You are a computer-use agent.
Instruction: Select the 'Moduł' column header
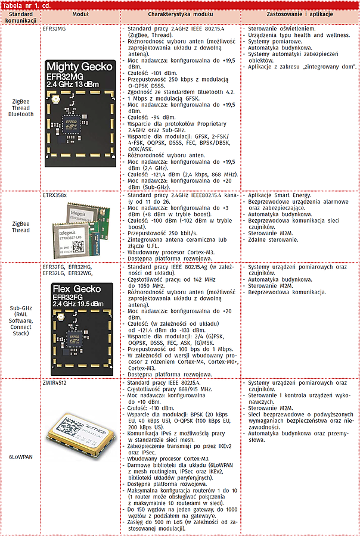click(80, 13)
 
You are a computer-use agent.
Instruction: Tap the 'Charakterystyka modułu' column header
click(181, 13)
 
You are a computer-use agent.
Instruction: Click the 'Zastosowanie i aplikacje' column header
click(299, 13)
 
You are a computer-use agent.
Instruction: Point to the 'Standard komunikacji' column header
click(21, 16)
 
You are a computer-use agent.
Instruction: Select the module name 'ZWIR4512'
click(55, 382)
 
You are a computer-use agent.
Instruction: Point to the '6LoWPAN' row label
click(21, 456)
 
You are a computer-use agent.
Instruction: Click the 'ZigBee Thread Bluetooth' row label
click(21, 108)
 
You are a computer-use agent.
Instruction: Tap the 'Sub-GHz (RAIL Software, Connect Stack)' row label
click(21, 321)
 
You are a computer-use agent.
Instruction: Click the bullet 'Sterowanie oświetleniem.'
click(281, 28)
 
